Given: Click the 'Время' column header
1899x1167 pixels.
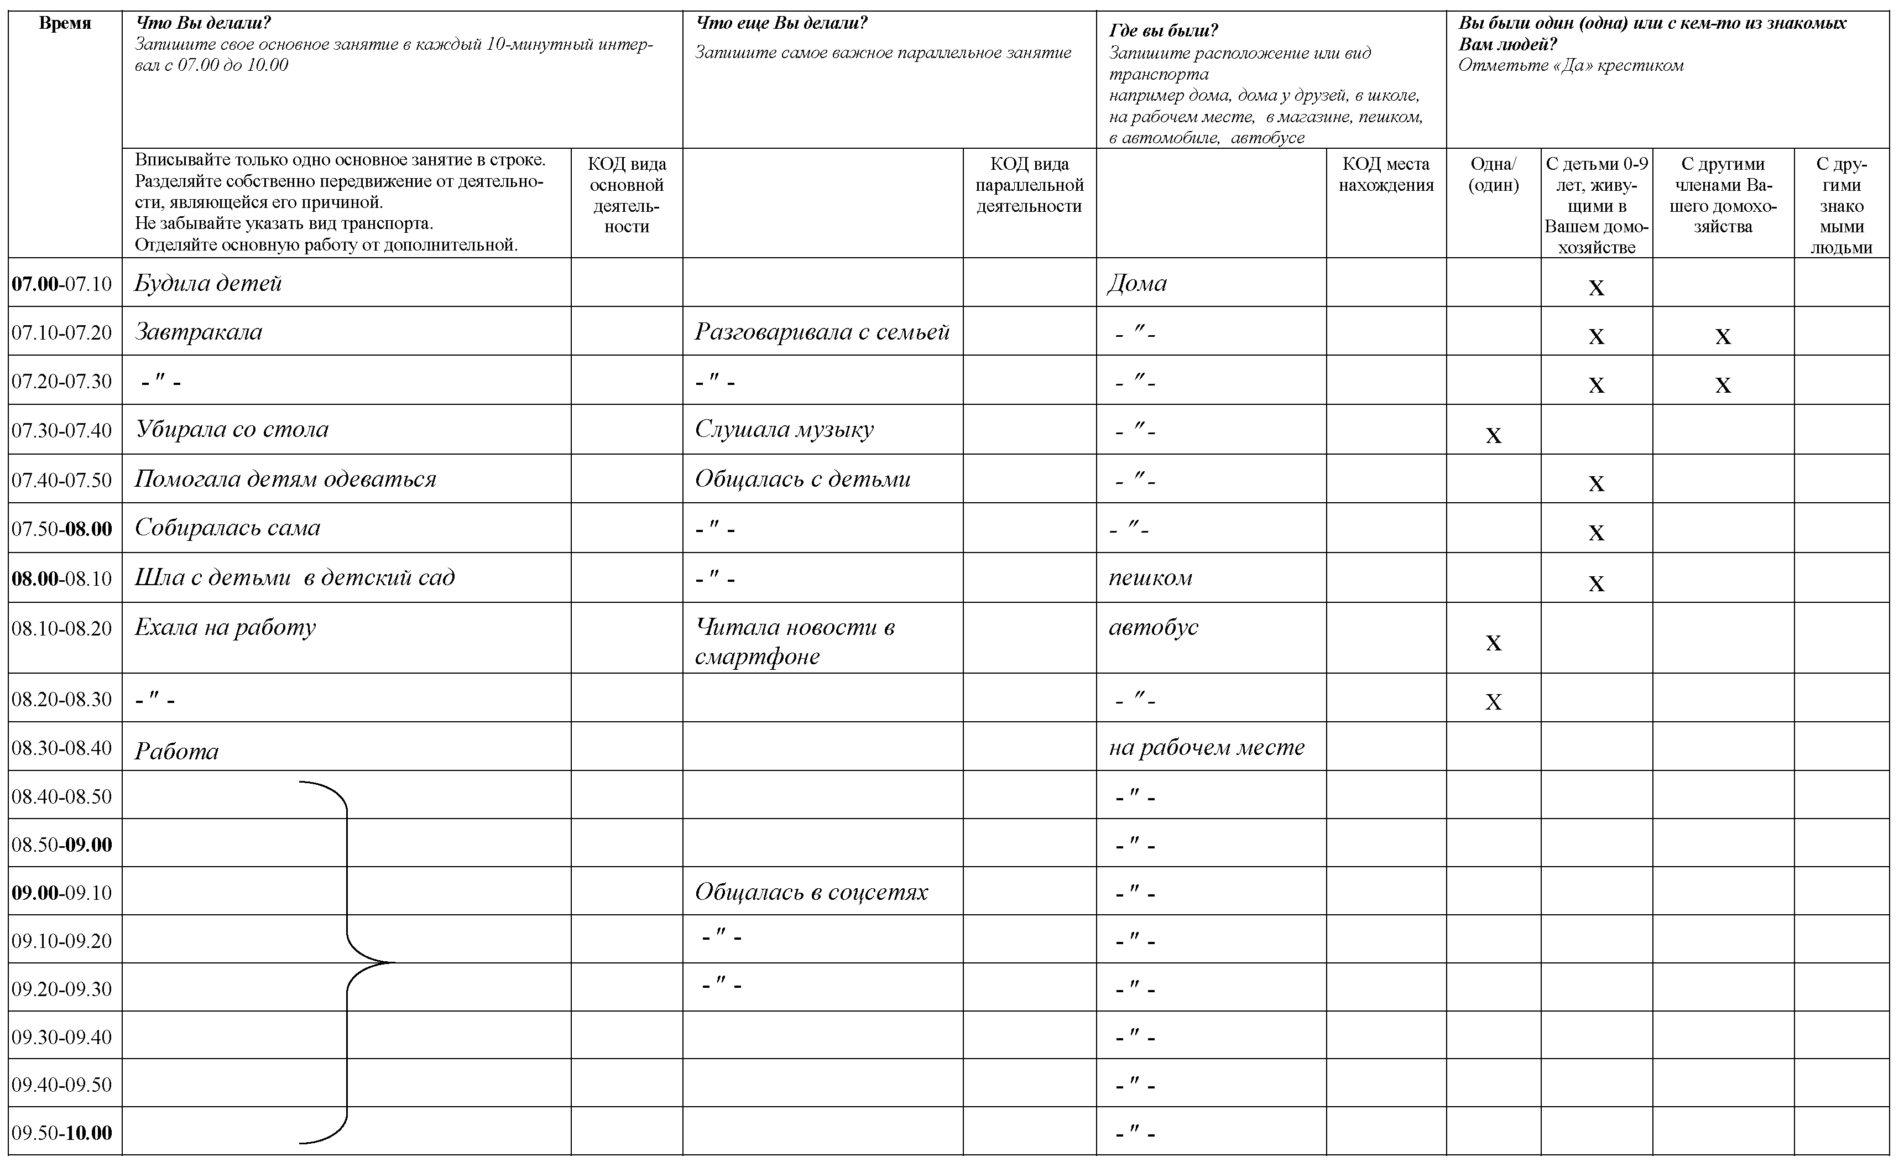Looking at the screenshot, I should click(65, 24).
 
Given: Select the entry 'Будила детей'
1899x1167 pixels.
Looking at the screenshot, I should click(207, 283).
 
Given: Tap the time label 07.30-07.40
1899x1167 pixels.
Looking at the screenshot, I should click(62, 430).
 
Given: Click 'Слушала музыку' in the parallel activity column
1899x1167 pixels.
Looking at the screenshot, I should click(784, 429).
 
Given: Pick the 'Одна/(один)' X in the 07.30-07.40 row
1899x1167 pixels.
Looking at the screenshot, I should click(1493, 435).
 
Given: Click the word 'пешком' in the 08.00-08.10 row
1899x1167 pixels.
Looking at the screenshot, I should click(1150, 577).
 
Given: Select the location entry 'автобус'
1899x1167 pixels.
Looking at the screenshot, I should click(1153, 627).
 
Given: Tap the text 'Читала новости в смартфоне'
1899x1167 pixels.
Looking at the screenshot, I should click(794, 640).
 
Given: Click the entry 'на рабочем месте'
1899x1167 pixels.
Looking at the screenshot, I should click(1206, 747).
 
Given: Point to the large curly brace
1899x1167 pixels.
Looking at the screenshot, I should click(347, 962).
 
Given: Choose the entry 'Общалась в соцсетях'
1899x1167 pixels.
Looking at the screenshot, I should click(811, 892).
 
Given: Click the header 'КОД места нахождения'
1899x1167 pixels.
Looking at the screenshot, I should click(1386, 174).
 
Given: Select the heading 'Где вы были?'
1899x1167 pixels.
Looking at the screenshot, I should click(1163, 31).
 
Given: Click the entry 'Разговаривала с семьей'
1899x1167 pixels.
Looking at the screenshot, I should click(822, 332).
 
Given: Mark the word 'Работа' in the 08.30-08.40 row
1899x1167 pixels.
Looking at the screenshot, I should click(177, 751).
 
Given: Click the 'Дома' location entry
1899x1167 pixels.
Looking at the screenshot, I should click(1136, 283).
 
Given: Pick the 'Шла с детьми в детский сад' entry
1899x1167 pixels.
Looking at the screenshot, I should click(294, 577).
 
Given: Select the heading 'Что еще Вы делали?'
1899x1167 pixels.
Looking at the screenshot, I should click(781, 23).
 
